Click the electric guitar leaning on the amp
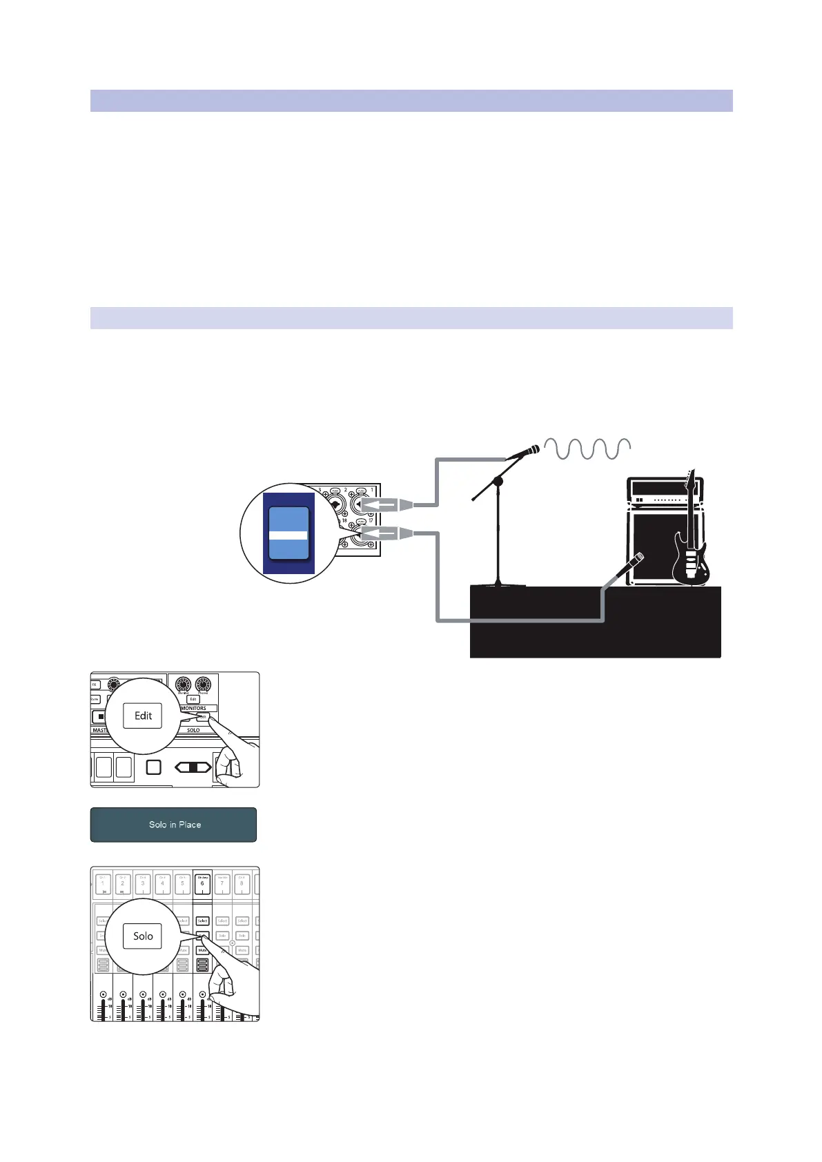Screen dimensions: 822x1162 (x=690, y=545)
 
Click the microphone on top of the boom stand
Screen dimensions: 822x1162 (x=522, y=453)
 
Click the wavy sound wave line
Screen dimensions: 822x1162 (x=587, y=449)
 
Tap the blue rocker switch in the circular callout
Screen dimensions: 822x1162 (x=288, y=533)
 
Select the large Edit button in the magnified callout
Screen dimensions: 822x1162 (x=143, y=716)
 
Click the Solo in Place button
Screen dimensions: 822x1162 (x=174, y=825)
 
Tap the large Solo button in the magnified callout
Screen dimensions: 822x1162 (x=143, y=936)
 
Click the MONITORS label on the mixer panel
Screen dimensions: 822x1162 (x=193, y=708)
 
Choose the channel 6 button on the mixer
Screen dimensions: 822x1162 (x=202, y=883)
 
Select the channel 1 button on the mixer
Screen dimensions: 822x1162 (x=103, y=883)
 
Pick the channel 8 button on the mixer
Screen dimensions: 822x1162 (x=242, y=883)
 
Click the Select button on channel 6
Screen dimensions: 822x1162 (x=202, y=920)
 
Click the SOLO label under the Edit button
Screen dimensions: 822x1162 (x=193, y=730)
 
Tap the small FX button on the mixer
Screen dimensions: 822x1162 (x=95, y=685)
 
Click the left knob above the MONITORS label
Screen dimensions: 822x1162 (x=183, y=685)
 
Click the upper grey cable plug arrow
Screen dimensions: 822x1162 (x=388, y=505)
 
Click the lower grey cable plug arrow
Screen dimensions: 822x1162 (x=388, y=533)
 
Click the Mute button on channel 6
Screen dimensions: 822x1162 (x=202, y=950)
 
